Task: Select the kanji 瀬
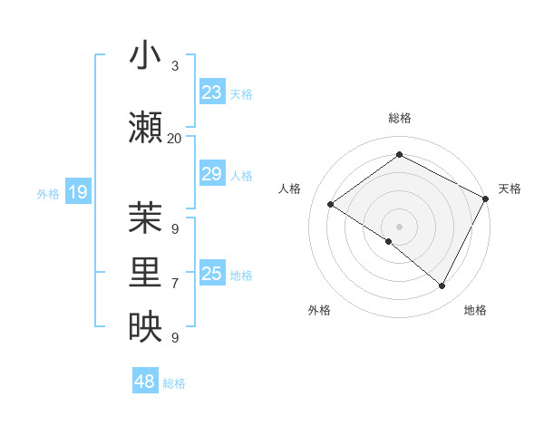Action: [145, 128]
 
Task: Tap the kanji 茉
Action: [145, 218]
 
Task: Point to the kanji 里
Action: [145, 273]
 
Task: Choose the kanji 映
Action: [145, 327]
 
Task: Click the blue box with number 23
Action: [212, 93]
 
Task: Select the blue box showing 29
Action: [212, 175]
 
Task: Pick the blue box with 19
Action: [78, 192]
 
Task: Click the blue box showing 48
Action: [145, 382]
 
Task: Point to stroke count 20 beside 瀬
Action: [175, 138]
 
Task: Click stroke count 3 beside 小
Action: [175, 66]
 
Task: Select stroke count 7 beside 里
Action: [175, 284]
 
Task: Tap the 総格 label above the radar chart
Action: [399, 118]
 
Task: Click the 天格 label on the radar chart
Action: [510, 189]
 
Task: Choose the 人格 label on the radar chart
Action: [289, 189]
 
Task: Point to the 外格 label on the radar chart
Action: [319, 310]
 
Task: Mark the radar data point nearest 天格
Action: [486, 198]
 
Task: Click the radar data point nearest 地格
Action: [442, 286]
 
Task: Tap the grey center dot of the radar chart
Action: [399, 226]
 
